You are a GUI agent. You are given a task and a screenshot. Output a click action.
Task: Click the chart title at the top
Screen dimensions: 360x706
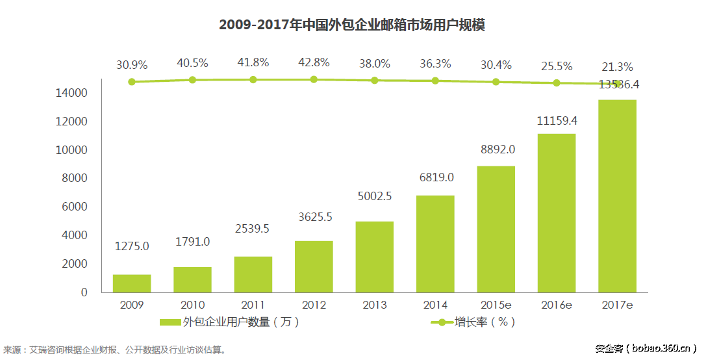pyautogui.click(x=352, y=25)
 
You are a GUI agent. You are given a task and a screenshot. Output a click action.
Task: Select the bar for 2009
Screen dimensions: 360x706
pyautogui.click(x=132, y=283)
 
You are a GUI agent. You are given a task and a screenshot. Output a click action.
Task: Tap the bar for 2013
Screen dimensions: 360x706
pyautogui.click(x=374, y=257)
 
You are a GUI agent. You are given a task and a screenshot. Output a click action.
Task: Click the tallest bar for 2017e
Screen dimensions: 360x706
pyautogui.click(x=616, y=196)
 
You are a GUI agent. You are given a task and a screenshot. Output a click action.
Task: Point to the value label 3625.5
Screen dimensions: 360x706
pyautogui.click(x=314, y=217)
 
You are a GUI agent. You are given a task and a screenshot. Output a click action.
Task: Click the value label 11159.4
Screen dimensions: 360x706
pyautogui.click(x=557, y=121)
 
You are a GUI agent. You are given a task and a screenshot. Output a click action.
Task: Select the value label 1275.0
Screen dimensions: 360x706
pyautogui.click(x=132, y=246)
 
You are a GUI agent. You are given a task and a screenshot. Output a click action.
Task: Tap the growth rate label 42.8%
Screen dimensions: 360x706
pyautogui.click(x=314, y=62)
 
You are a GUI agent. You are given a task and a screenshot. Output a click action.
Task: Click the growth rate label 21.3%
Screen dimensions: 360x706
pyautogui.click(x=616, y=66)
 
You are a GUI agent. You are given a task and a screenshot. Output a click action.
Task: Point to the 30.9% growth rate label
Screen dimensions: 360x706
pyautogui.click(x=132, y=65)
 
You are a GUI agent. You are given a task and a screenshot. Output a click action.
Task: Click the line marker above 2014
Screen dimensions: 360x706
pyautogui.click(x=435, y=81)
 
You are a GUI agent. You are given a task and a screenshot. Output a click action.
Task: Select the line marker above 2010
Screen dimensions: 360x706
pyautogui.click(x=192, y=79)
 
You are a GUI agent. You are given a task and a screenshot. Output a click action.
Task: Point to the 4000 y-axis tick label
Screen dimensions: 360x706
pyautogui.click(x=75, y=235)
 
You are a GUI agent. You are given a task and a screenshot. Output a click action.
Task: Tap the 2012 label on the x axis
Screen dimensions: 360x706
pyautogui.click(x=314, y=305)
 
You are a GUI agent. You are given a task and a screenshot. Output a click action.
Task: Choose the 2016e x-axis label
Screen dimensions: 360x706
pyautogui.click(x=557, y=305)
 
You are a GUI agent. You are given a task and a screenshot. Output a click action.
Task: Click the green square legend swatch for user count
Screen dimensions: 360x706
pyautogui.click(x=170, y=322)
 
